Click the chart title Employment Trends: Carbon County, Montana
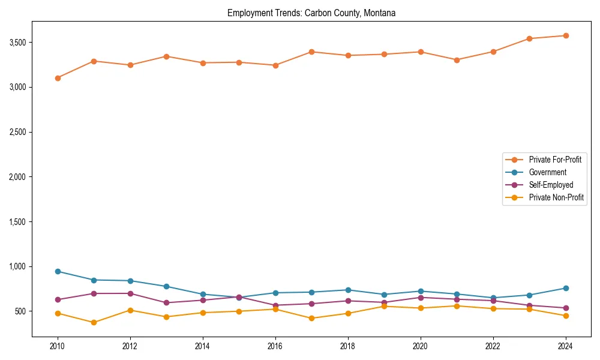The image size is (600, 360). click(x=311, y=13)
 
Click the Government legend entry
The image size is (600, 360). click(x=547, y=172)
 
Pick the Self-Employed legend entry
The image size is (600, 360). click(x=551, y=185)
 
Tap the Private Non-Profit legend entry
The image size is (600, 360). click(x=556, y=197)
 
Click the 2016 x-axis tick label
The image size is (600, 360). click(x=275, y=346)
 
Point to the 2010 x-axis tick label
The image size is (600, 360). click(x=58, y=346)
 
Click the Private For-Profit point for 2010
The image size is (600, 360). click(x=58, y=78)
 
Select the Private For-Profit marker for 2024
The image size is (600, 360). click(x=565, y=35)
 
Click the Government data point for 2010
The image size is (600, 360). click(x=58, y=271)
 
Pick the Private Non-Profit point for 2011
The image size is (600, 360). click(x=94, y=323)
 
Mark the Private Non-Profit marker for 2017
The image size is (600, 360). click(x=311, y=319)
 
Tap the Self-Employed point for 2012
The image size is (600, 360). click(x=130, y=293)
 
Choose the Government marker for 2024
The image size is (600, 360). click(x=565, y=288)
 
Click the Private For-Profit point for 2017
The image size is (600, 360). click(x=311, y=52)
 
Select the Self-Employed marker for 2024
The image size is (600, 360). click(x=565, y=308)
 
